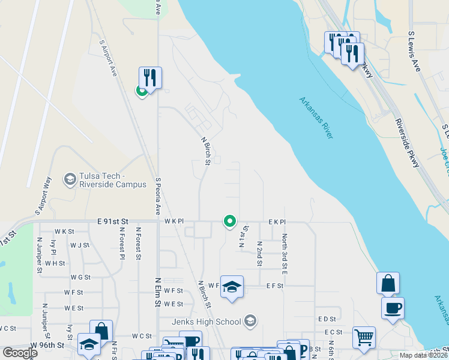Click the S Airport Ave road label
(109, 58)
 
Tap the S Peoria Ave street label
(158, 196)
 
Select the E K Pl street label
(277, 222)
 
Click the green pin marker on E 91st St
(229, 221)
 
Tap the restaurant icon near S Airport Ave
(150, 77)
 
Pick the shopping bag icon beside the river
(388, 283)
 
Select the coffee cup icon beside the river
(393, 308)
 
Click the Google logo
(20, 353)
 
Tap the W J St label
(80, 245)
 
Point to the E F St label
(274, 286)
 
